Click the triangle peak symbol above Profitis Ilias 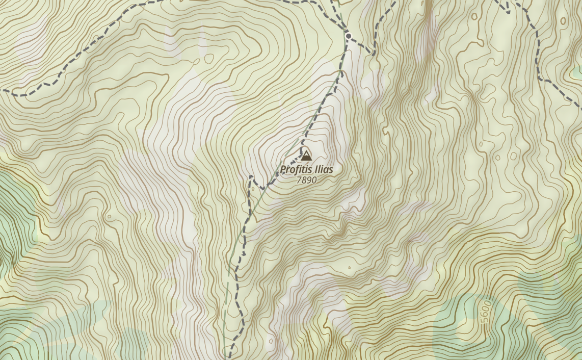306,156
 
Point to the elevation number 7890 306,180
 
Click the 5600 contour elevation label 486,312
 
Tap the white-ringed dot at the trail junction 349,36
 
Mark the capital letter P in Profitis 283,169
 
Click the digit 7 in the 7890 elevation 299,180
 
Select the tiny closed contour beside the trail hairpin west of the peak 253,189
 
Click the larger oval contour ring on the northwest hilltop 209,59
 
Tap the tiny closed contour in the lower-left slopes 109,217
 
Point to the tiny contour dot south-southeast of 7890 349,267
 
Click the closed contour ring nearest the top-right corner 563,21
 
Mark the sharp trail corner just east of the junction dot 374,53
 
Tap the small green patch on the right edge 576,73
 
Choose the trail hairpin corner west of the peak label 251,177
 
